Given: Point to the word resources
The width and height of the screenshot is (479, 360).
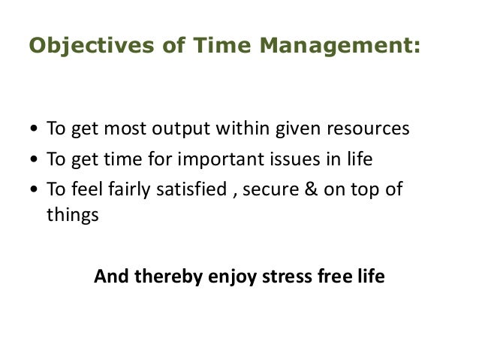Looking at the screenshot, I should (369, 129).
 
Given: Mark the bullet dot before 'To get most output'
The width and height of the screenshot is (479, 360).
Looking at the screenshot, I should (35, 130).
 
